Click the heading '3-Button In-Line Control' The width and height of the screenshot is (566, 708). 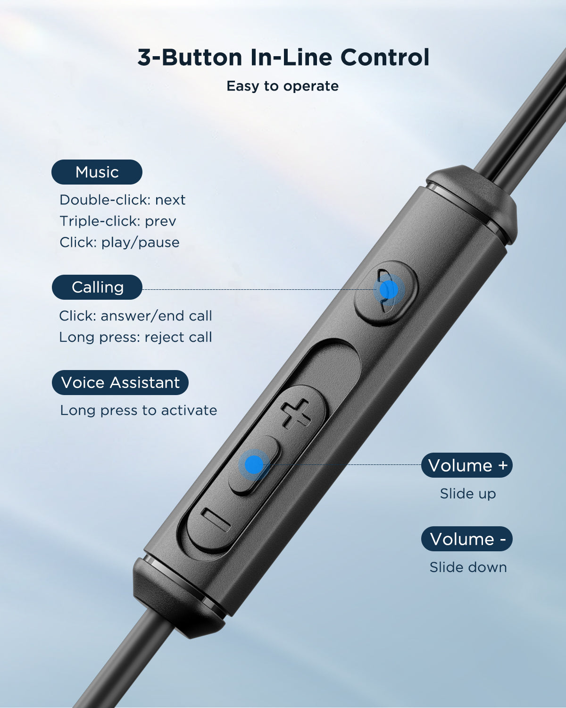283,58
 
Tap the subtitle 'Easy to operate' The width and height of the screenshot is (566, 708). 283,86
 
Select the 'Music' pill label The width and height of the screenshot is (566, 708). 97,172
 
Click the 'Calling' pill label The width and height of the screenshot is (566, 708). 97,287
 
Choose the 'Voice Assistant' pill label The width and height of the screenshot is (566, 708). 120,382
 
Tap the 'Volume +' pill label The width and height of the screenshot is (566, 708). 467,465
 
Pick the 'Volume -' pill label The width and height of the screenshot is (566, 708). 467,539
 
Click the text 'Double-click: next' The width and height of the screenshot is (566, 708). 122,200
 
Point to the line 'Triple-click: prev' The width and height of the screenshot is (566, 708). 117,221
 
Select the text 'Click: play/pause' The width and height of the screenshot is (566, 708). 119,242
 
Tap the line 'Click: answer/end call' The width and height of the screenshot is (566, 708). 135,316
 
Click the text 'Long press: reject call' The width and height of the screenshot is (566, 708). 135,337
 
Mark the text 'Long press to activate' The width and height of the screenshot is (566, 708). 138,410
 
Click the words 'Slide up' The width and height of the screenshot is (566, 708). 467,494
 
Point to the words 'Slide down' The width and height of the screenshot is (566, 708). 468,567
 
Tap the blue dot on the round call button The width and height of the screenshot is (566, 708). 389,290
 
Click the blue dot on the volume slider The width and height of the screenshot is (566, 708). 254,464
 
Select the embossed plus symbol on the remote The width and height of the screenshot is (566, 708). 296,413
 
